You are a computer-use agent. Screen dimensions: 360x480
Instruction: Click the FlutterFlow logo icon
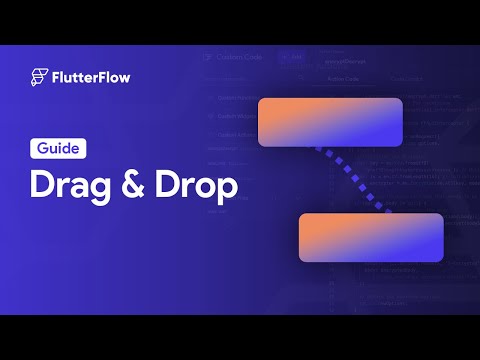pyautogui.click(x=39, y=77)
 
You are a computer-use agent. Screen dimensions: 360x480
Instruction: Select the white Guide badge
pyautogui.click(x=57, y=148)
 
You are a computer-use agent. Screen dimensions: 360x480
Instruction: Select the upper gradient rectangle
pyautogui.click(x=330, y=122)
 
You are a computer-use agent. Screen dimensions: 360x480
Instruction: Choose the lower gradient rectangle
pyautogui.click(x=370, y=237)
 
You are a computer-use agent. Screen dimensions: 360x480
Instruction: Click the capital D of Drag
pyautogui.click(x=42, y=187)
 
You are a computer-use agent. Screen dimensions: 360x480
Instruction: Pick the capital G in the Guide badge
pyautogui.click(x=43, y=148)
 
